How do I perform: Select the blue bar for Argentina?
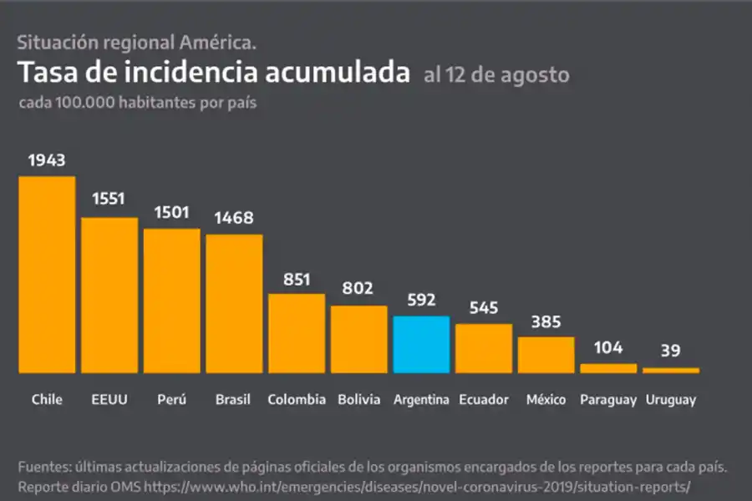pyautogui.click(x=421, y=344)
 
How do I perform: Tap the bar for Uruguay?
pyautogui.click(x=671, y=370)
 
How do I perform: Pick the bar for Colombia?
pyautogui.click(x=297, y=332)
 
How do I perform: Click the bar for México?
pyautogui.click(x=546, y=354)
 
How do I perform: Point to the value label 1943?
pyautogui.click(x=47, y=160)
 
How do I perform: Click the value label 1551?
pyautogui.click(x=109, y=199)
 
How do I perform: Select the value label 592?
pyautogui.click(x=421, y=300)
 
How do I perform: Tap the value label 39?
pyautogui.click(x=671, y=350)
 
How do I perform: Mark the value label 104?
pyautogui.click(x=608, y=347)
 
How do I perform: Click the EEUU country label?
pyautogui.click(x=109, y=400)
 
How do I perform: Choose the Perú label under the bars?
pyautogui.click(x=171, y=400)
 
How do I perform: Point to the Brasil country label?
pyautogui.click(x=233, y=400)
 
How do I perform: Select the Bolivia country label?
pyautogui.click(x=359, y=400)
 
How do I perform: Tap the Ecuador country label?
pyautogui.click(x=484, y=400)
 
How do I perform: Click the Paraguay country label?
pyautogui.click(x=608, y=400)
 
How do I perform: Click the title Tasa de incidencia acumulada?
pyautogui.click(x=214, y=73)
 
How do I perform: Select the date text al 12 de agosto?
pyautogui.click(x=496, y=75)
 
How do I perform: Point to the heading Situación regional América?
pyautogui.click(x=137, y=42)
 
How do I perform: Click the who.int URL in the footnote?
pyautogui.click(x=417, y=485)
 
